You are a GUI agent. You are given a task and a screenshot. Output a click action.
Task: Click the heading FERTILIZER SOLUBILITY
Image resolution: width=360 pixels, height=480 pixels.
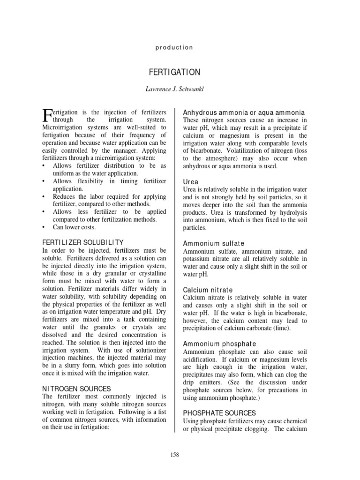83,242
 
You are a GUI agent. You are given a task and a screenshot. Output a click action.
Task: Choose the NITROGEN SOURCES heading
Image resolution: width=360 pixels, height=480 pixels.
77,389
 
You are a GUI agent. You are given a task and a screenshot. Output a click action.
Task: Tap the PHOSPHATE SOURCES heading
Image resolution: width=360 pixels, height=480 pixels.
219,413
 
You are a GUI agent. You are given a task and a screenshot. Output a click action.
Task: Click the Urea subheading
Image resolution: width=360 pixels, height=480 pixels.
190,181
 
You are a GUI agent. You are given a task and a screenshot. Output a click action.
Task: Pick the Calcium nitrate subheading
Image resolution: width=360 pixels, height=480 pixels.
208,290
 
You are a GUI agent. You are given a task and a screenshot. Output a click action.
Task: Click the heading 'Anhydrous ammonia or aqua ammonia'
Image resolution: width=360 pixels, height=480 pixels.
244,112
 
